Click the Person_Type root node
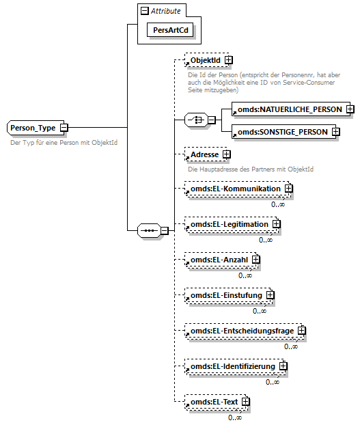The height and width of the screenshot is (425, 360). (33, 128)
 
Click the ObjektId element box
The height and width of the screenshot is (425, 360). (205, 61)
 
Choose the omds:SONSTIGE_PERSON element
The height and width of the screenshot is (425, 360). (281, 131)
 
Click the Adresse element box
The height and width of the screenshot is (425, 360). (204, 155)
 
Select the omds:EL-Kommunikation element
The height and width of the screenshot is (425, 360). (235, 188)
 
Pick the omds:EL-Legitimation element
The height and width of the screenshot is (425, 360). (229, 223)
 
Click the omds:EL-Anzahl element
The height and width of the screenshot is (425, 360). (219, 259)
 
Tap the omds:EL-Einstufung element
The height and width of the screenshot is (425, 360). (226, 295)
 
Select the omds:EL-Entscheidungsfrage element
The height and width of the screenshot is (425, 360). (241, 331)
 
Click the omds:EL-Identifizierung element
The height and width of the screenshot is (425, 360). (232, 367)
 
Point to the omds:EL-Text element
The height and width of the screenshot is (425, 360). (214, 402)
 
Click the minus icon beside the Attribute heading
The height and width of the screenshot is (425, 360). (144, 12)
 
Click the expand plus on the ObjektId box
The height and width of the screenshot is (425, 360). (228, 61)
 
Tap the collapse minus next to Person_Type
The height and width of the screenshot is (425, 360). (64, 128)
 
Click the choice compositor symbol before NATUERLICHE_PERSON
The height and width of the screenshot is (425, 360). (196, 120)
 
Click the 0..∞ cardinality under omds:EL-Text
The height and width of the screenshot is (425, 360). (234, 417)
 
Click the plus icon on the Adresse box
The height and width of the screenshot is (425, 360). (226, 155)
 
